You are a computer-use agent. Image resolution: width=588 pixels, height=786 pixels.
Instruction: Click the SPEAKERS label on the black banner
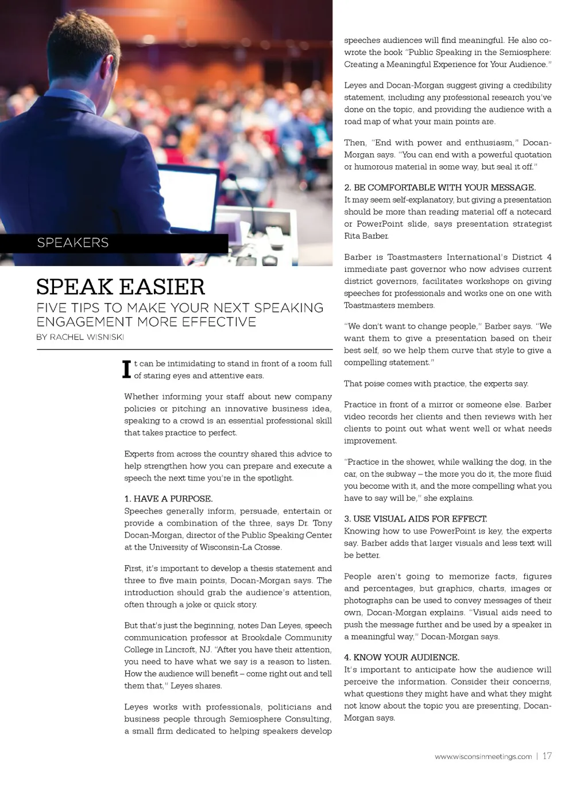pyautogui.click(x=73, y=243)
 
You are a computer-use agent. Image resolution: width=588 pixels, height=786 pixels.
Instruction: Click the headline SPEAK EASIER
pyautogui.click(x=121, y=287)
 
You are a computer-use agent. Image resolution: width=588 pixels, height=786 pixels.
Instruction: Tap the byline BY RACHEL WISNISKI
pyautogui.click(x=80, y=337)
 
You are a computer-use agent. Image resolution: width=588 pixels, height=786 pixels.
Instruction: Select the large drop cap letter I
pyautogui.click(x=127, y=369)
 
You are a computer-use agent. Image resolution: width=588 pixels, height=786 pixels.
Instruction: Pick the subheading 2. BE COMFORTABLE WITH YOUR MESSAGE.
pyautogui.click(x=440, y=188)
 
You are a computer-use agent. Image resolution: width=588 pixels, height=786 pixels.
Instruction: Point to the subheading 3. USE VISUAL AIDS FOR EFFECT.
pyautogui.click(x=416, y=519)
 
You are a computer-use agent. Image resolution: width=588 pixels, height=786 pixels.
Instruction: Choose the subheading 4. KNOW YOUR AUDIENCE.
pyautogui.click(x=401, y=657)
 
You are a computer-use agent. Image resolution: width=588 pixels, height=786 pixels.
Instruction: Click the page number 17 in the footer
pyautogui.click(x=547, y=756)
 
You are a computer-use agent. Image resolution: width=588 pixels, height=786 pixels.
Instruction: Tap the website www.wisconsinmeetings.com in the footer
pyautogui.click(x=483, y=757)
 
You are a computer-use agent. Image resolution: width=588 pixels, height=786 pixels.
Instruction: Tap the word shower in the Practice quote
pyautogui.click(x=420, y=462)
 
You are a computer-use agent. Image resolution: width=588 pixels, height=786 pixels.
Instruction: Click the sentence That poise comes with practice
pyautogui.click(x=436, y=383)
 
